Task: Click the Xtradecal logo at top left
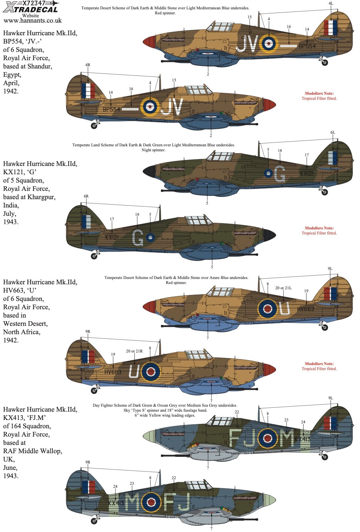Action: (x=31, y=7)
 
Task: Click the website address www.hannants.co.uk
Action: (x=33, y=21)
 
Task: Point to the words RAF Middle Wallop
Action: (x=33, y=451)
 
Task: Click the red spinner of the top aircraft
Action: (x=149, y=42)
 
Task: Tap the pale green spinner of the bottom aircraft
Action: (x=270, y=500)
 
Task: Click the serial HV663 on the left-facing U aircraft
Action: (x=113, y=372)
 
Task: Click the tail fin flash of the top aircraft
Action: (x=330, y=28)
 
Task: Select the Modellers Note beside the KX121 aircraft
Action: (x=319, y=230)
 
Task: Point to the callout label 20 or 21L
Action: (x=283, y=288)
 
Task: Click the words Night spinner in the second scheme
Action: (x=153, y=150)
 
